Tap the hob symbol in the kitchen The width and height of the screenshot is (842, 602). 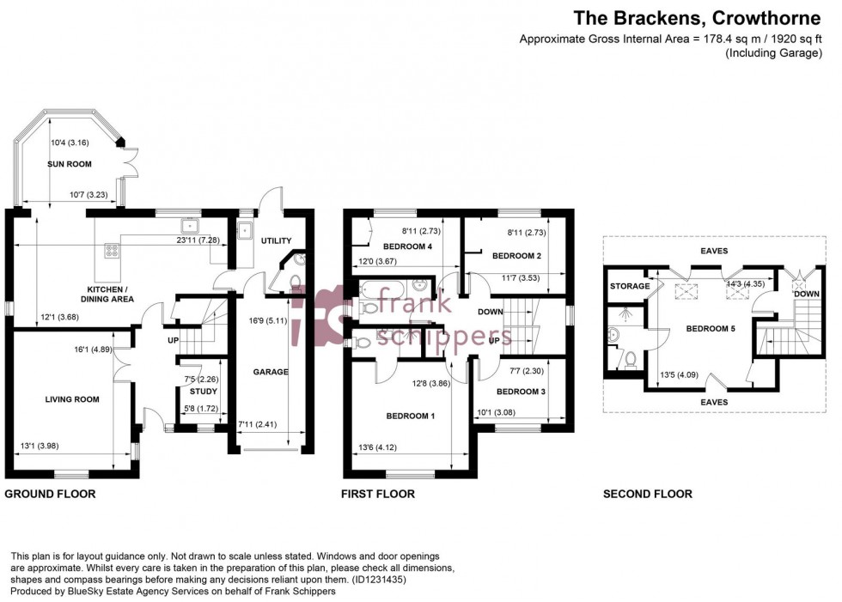click(112, 251)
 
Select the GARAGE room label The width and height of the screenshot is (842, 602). click(270, 372)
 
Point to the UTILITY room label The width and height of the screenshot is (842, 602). click(277, 241)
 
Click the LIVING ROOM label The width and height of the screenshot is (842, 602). click(72, 399)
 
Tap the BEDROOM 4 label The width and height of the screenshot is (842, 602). click(404, 246)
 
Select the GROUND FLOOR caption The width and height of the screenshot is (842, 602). click(50, 494)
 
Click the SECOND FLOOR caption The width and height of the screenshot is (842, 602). click(647, 494)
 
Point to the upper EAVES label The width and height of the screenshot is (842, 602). click(713, 251)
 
